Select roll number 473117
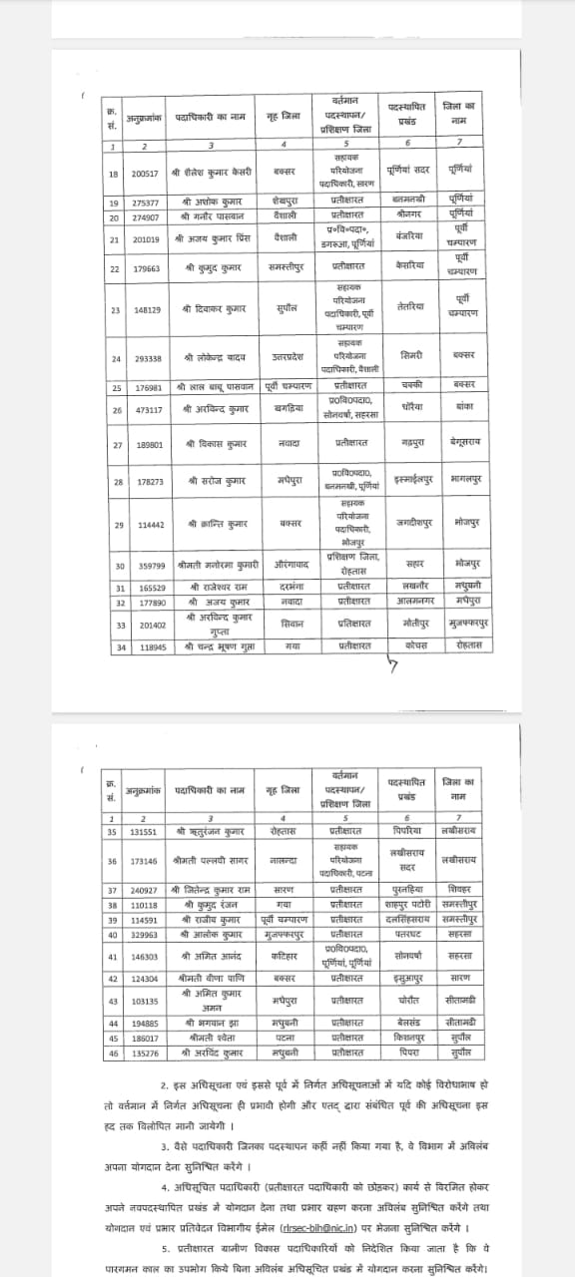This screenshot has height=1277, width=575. click(x=146, y=409)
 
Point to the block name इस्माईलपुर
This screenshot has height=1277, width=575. click(x=411, y=480)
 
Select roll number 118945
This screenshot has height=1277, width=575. click(x=146, y=645)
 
